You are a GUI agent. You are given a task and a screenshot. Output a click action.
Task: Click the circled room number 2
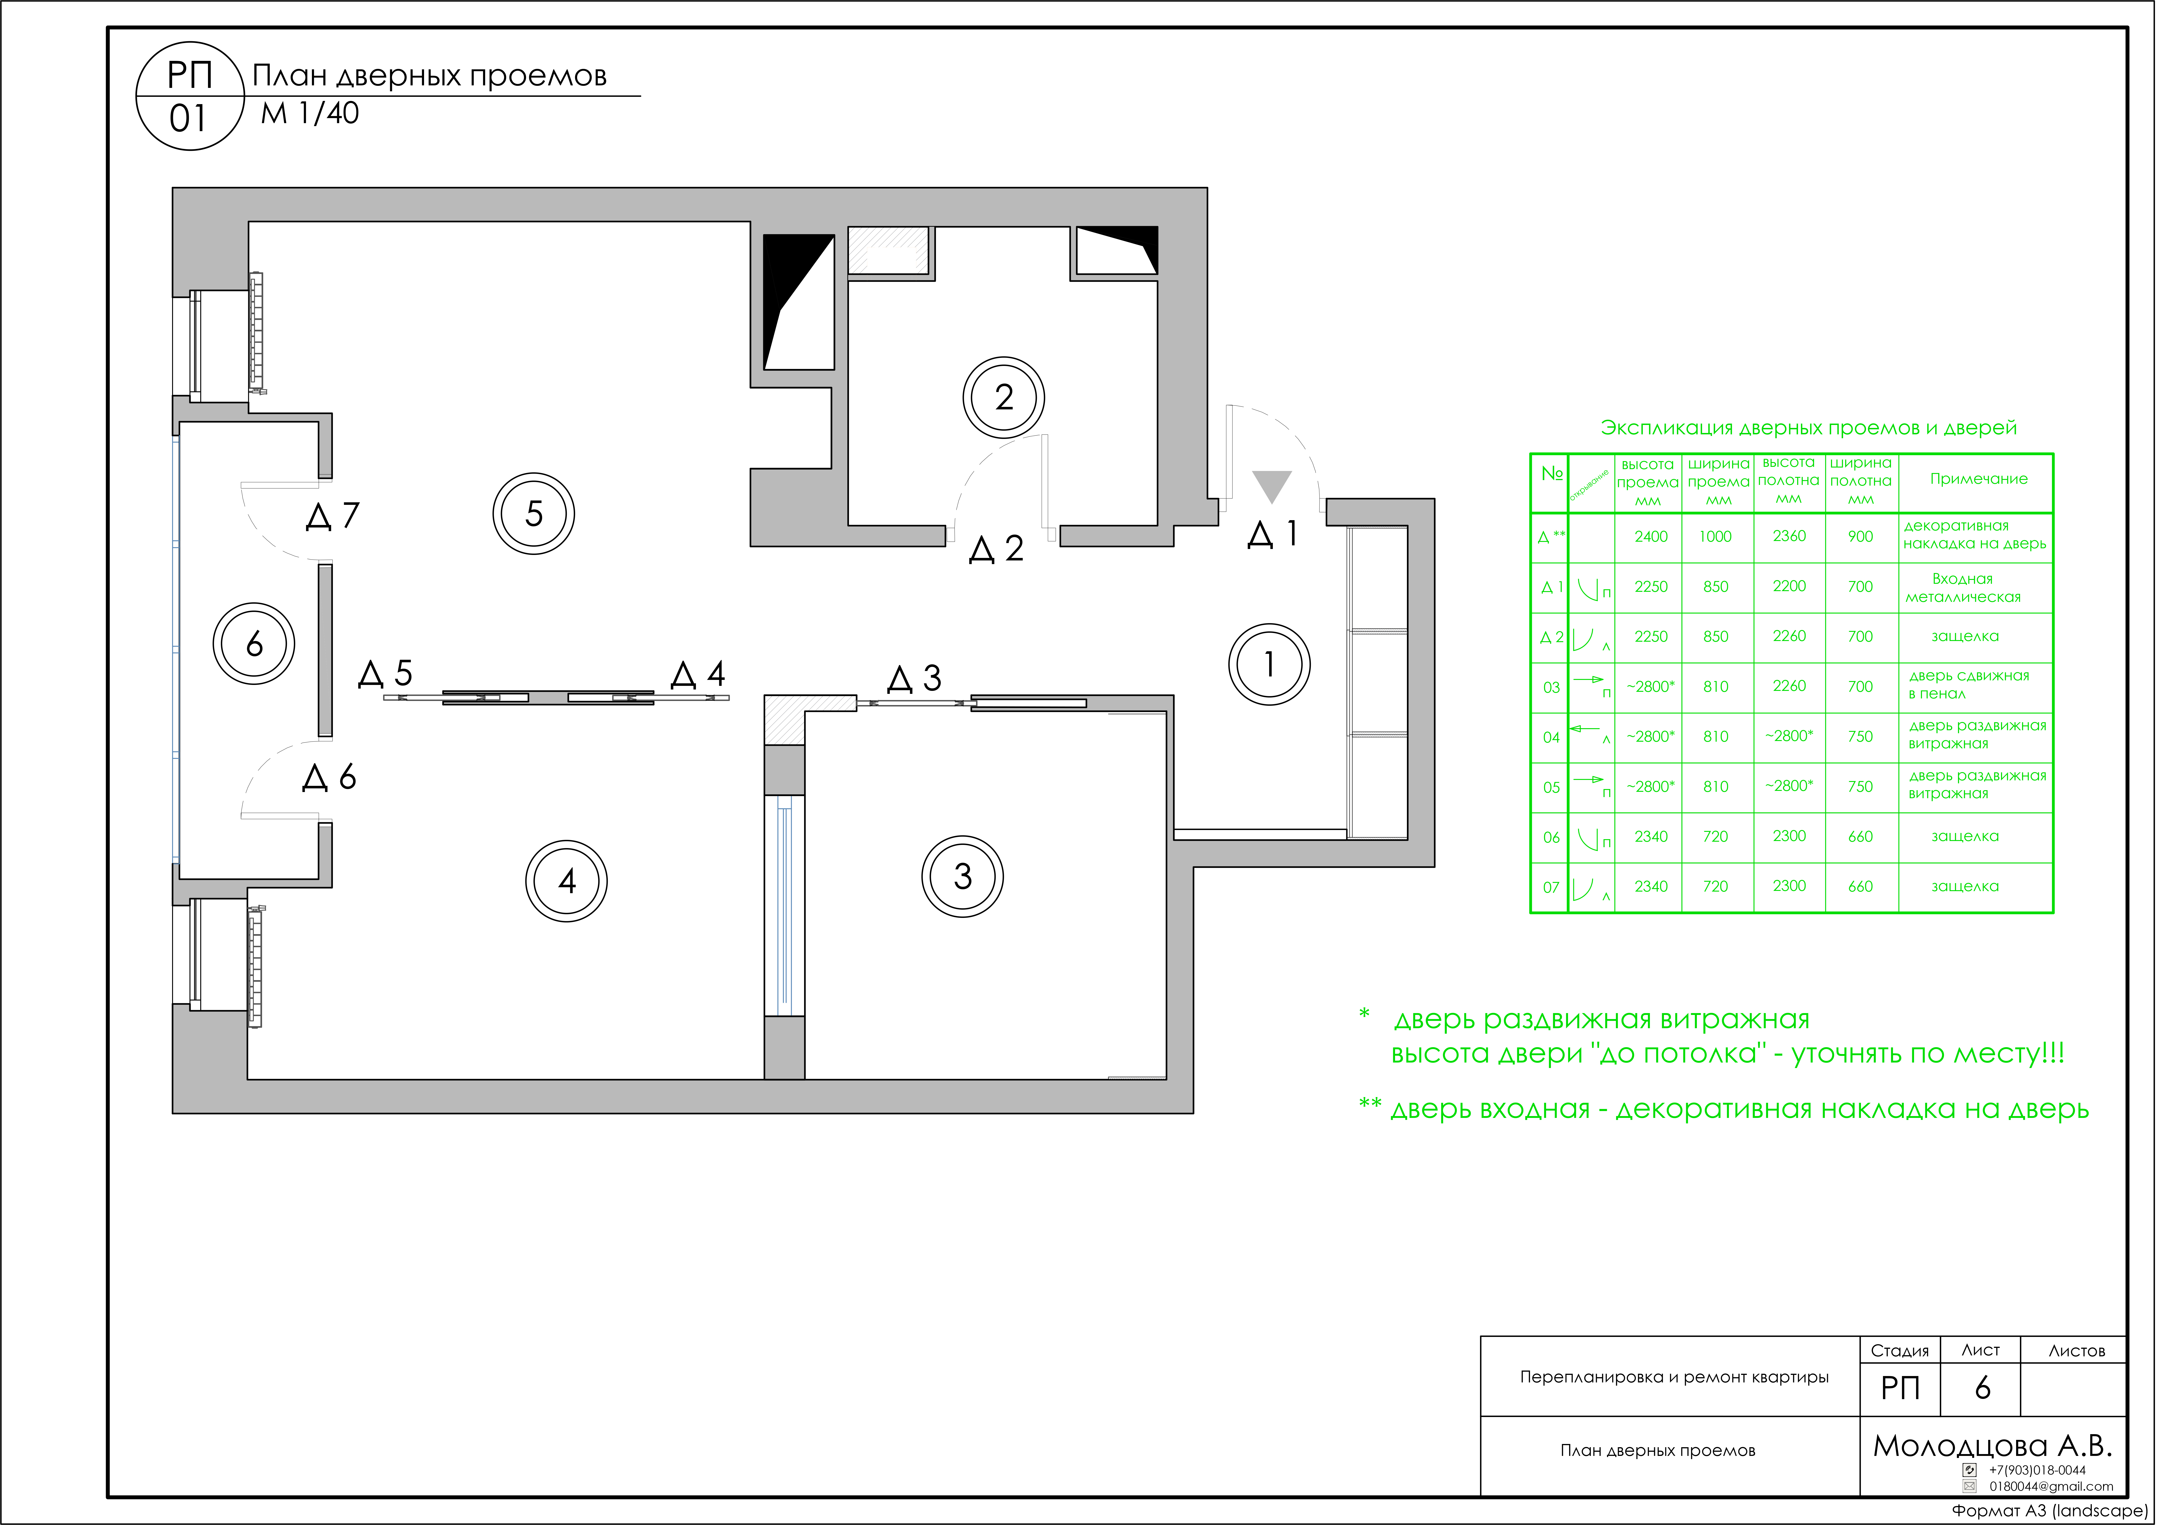tap(1004, 397)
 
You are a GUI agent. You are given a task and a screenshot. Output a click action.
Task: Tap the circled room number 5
tap(534, 514)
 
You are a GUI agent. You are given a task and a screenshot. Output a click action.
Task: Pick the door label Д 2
tap(996, 549)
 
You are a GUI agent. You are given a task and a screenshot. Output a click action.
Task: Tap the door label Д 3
tap(914, 678)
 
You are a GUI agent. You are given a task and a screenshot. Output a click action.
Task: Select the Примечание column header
tap(1978, 479)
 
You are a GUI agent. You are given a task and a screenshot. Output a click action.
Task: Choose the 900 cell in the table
tap(1860, 537)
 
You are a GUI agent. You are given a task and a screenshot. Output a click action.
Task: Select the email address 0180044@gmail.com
tap(2051, 1486)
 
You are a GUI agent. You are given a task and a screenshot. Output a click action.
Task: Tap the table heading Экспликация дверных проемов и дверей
tap(1809, 428)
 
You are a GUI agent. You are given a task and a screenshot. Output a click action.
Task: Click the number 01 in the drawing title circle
tap(188, 119)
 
